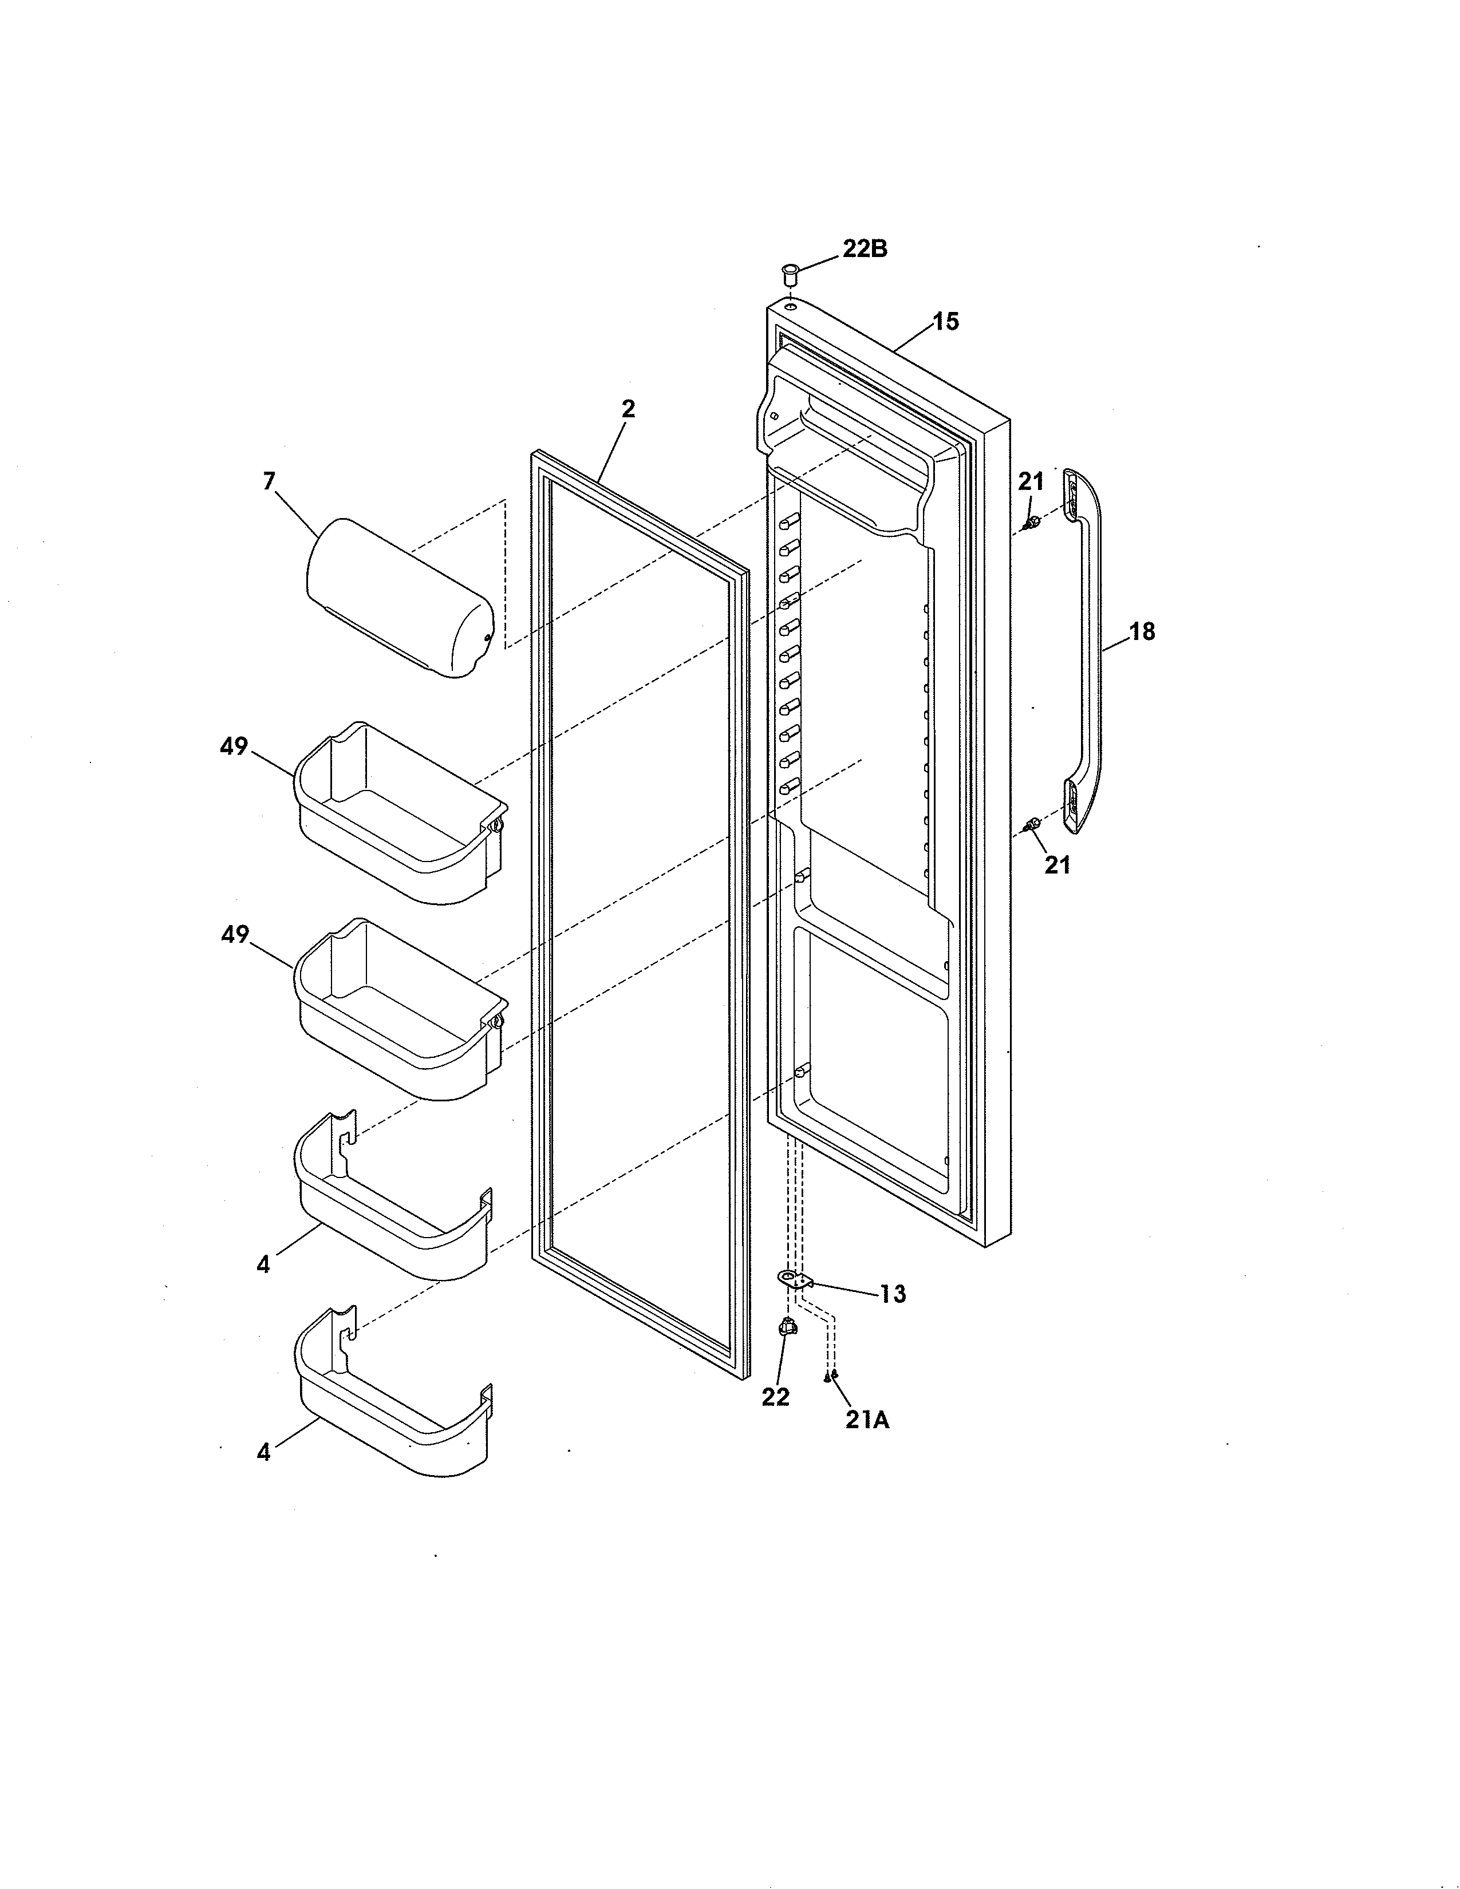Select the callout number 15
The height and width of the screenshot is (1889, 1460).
(x=946, y=322)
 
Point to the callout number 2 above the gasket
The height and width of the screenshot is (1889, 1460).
(x=628, y=409)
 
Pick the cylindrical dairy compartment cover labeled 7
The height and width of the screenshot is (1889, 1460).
(x=400, y=598)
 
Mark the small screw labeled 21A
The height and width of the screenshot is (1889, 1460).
(x=831, y=1376)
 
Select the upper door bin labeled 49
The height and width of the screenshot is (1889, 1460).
(x=400, y=813)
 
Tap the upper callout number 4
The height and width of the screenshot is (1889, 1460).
(x=263, y=1264)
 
